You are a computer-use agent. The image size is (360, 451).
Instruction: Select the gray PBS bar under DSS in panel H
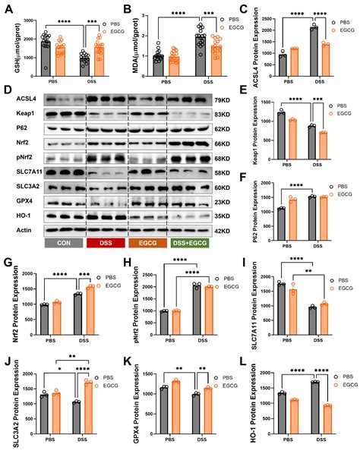[194, 304]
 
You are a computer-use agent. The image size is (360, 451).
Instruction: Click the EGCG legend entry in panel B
[219, 21]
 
